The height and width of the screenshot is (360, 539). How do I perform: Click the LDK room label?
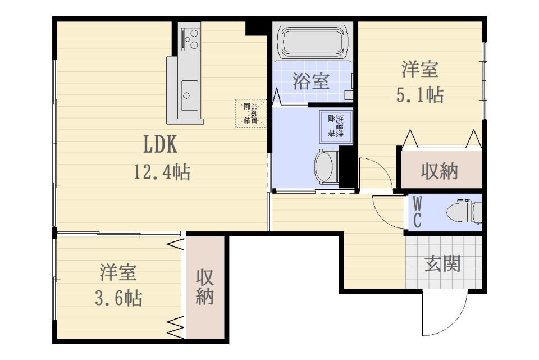point(161,144)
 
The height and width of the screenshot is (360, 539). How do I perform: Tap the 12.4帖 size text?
point(161,171)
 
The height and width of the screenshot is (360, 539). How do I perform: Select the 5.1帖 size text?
point(420,95)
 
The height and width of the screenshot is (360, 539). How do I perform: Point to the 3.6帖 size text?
point(118,298)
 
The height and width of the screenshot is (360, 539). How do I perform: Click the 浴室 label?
point(310,81)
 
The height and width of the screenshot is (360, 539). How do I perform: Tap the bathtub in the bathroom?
point(313,42)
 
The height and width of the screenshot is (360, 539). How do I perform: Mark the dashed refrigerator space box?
point(248,112)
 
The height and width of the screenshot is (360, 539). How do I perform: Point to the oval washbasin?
point(325,167)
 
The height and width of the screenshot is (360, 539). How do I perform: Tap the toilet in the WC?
point(464,212)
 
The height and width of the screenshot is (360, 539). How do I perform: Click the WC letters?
point(417,212)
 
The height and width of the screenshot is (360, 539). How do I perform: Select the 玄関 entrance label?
point(442,263)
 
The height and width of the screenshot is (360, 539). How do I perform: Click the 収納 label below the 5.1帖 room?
point(440,172)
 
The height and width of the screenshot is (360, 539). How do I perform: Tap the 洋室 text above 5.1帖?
point(419,70)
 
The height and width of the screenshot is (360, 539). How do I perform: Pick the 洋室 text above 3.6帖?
point(118,274)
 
